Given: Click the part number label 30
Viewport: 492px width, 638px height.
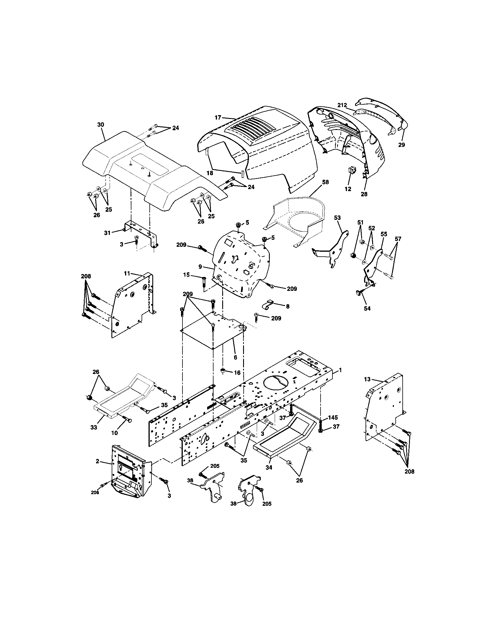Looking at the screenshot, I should click(100, 125).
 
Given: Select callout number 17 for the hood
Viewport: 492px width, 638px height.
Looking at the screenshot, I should click(218, 117).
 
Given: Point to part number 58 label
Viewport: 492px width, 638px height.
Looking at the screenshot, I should click(325, 182).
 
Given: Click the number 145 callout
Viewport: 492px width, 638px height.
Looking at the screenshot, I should click(333, 418).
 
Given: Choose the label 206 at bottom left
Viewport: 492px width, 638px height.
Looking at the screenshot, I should click(95, 493).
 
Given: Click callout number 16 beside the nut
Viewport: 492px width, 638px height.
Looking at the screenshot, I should click(237, 372).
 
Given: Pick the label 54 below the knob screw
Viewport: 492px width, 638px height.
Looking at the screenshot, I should click(367, 309).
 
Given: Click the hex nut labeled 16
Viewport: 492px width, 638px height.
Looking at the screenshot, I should click(223, 371).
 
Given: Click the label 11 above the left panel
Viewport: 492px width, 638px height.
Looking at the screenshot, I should click(127, 273).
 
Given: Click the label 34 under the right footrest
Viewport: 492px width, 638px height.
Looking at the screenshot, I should click(269, 468).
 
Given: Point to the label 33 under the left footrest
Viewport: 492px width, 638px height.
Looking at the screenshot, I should click(93, 427).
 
